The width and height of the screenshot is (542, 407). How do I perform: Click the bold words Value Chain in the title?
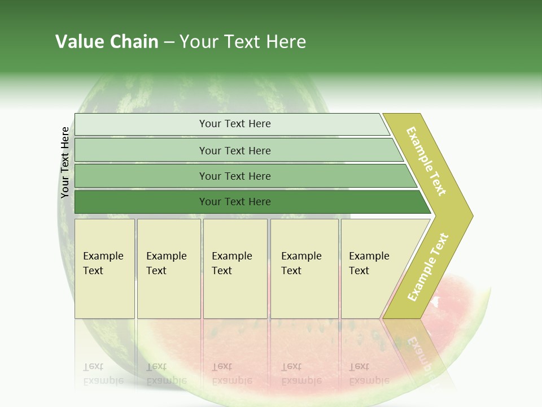tap(107, 42)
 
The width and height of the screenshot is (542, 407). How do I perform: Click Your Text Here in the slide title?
tap(243, 42)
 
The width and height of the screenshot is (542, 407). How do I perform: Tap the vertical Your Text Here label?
tap(65, 163)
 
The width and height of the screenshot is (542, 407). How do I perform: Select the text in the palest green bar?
tap(235, 124)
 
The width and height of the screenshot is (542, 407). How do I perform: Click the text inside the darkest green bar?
tap(235, 202)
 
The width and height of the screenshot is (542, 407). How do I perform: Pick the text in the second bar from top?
tap(235, 151)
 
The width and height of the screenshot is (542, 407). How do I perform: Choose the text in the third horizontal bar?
tap(235, 176)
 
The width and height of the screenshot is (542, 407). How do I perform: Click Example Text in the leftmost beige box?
tap(103, 263)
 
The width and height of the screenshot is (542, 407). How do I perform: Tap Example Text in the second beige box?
tap(166, 263)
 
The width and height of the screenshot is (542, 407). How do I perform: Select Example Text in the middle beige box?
tap(231, 263)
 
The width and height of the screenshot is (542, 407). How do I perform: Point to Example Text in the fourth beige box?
tap(301, 263)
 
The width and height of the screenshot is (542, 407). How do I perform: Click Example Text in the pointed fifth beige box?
tap(369, 263)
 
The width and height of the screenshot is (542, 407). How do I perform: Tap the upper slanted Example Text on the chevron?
tap(426, 161)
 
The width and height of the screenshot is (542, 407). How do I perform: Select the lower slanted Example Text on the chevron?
tap(428, 267)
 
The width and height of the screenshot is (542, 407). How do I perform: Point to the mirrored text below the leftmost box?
tap(103, 374)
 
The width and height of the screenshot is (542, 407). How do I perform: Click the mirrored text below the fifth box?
tap(369, 374)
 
